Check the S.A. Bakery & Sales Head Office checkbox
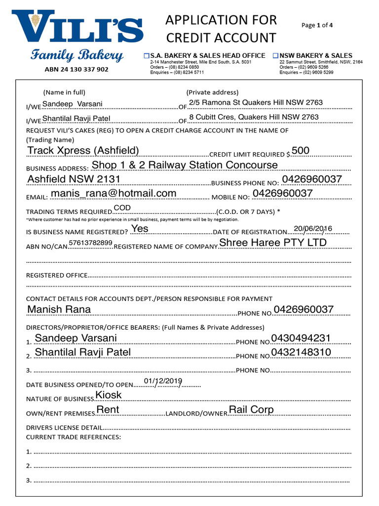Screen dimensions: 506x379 pos(146,56)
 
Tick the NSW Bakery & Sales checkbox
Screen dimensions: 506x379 pos(276,56)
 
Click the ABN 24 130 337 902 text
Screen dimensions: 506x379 pos(76,70)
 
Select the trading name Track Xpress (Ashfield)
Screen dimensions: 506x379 pos(83,151)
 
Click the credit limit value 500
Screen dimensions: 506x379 pos(301,150)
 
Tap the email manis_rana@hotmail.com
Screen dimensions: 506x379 pos(113,193)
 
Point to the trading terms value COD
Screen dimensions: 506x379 pos(122,208)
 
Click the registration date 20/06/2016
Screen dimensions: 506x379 pos(313,228)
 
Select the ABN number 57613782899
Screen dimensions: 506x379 pos(91,243)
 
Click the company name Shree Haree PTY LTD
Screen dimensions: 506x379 pos(273,243)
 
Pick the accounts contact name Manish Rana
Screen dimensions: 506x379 pos(59,309)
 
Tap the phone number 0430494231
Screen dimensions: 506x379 pos(301,338)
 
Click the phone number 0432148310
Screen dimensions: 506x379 pos(301,352)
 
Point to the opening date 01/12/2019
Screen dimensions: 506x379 pos(163,381)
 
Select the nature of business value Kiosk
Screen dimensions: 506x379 pos(109,395)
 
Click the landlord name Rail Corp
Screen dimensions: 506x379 pos(251,410)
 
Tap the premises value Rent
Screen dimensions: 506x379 pos(108,410)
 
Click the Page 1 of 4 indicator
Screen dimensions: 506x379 pos(317,25)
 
